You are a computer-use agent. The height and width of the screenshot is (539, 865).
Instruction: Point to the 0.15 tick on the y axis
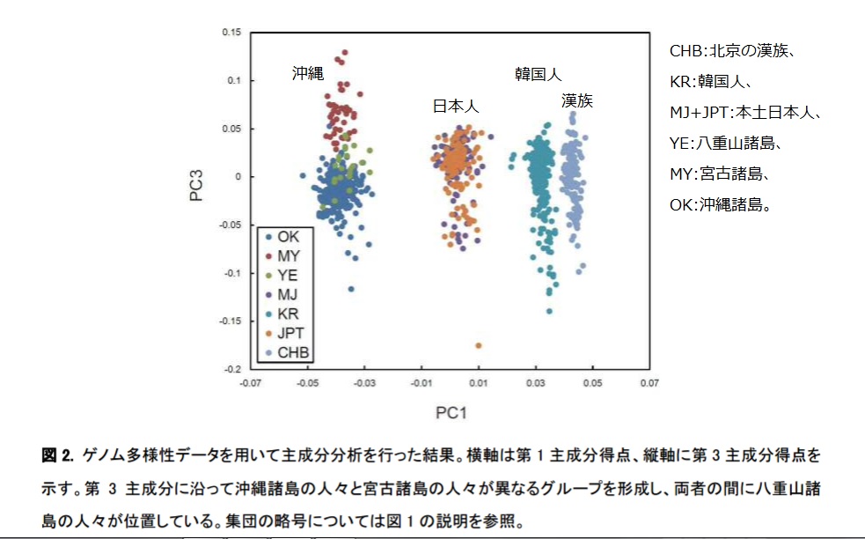231,33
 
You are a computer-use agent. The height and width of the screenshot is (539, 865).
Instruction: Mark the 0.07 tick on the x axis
649,384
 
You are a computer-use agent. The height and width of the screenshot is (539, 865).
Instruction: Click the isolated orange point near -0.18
479,345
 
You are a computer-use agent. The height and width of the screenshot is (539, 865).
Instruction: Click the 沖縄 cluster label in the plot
308,74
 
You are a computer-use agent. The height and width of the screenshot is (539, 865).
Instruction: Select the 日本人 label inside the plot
455,107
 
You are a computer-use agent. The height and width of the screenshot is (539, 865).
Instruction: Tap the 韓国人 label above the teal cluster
538,74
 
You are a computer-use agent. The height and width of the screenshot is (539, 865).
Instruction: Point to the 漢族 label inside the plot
577,100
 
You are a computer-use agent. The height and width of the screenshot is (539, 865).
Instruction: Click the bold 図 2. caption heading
57,456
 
